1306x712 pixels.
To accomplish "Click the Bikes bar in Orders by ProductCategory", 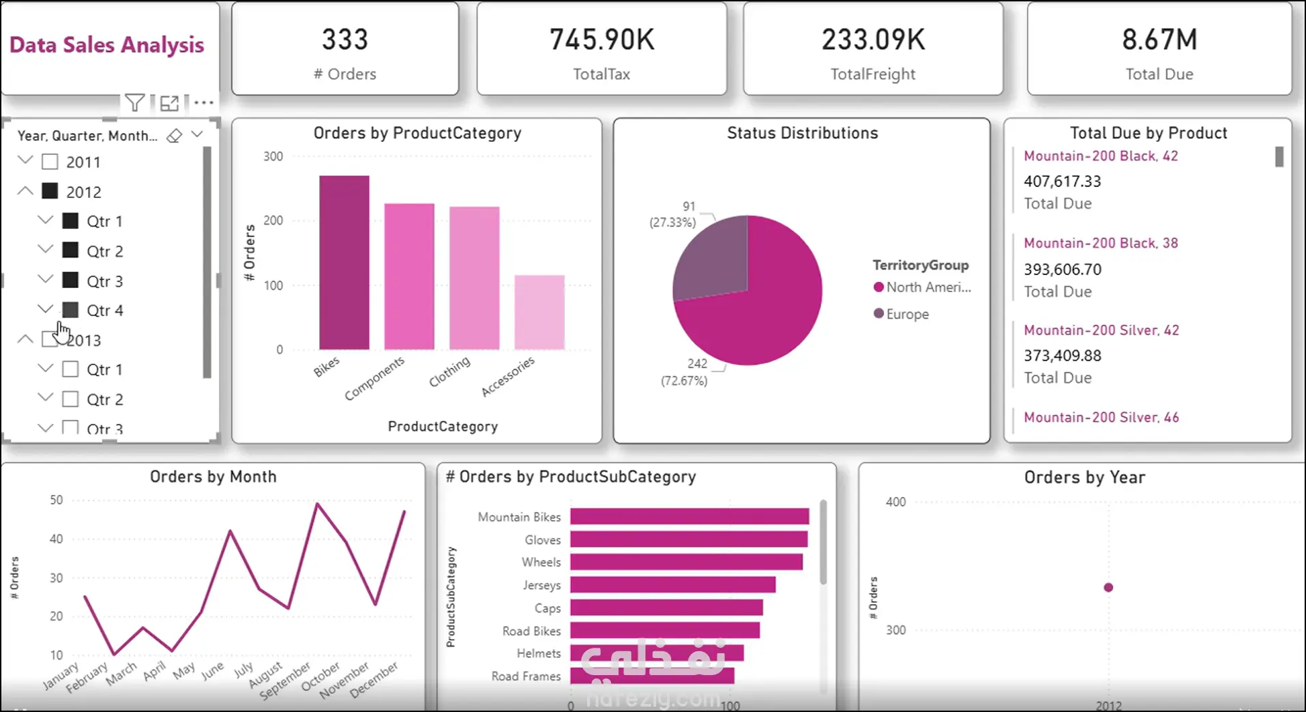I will [344, 263].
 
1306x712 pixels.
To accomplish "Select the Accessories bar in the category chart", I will [539, 312].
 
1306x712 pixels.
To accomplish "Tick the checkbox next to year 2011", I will [50, 162].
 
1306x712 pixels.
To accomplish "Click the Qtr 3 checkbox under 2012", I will [70, 281].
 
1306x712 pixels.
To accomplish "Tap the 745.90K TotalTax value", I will [602, 40].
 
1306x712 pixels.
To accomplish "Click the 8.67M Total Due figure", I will [1159, 40].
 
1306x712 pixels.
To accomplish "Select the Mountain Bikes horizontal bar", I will [689, 517].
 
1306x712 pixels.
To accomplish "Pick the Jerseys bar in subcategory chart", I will [672, 585].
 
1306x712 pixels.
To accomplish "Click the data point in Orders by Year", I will [1108, 587].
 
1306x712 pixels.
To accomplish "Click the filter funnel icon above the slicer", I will [134, 103].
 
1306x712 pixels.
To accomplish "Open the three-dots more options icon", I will [204, 103].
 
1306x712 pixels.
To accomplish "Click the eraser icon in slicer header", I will [175, 135].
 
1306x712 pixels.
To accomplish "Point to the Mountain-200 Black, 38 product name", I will [1101, 243].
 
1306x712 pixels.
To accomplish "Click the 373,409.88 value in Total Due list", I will [1063, 356].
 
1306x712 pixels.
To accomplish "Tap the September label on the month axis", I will [285, 680].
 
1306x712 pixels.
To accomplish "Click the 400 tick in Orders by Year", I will [895, 502].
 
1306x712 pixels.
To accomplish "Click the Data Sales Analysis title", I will [107, 45].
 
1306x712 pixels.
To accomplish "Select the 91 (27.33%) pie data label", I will [674, 214].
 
